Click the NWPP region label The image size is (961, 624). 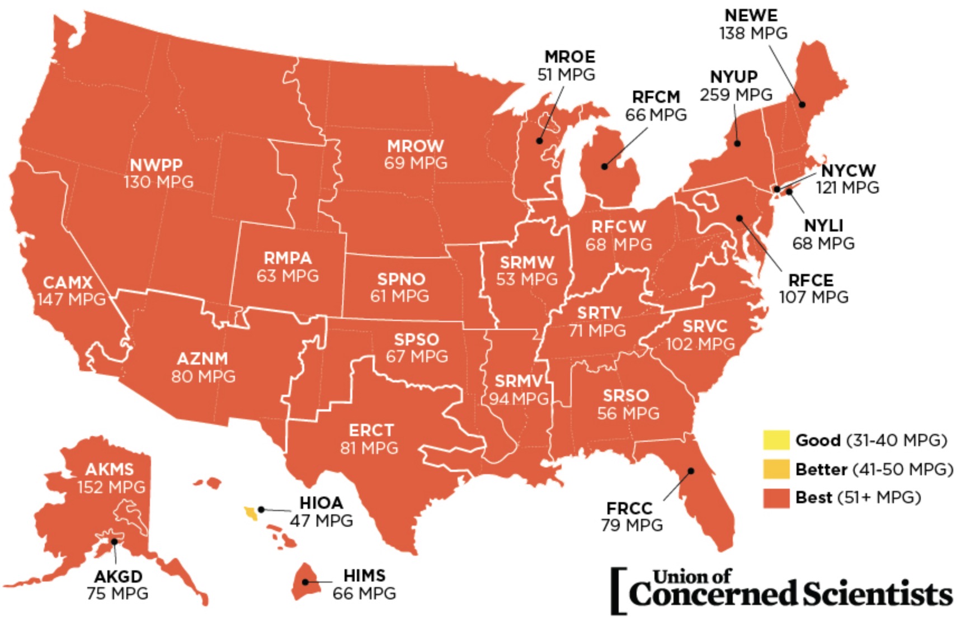pyautogui.click(x=156, y=165)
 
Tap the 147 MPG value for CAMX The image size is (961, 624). pyautogui.click(x=71, y=299)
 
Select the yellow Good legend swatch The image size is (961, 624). pyautogui.click(x=776, y=440)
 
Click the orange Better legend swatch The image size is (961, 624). pyautogui.click(x=776, y=469)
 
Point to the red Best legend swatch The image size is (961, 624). pyautogui.click(x=776, y=497)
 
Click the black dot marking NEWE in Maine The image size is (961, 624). pyautogui.click(x=802, y=105)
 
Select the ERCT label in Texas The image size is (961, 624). pyautogui.click(x=371, y=431)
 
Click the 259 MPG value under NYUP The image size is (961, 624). pyautogui.click(x=736, y=94)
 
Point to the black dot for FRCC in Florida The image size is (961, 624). pyautogui.click(x=691, y=471)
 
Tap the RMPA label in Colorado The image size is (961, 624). pyautogui.click(x=288, y=258)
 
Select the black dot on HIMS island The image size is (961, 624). pyautogui.click(x=305, y=582)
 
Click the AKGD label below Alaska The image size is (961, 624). pyautogui.click(x=118, y=576)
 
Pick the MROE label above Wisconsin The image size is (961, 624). pyautogui.click(x=569, y=57)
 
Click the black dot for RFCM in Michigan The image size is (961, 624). pyautogui.click(x=604, y=167)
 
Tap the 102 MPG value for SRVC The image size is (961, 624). pyautogui.click(x=700, y=344)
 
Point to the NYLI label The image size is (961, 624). pyautogui.click(x=823, y=226)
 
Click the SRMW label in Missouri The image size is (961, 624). pyautogui.click(x=526, y=262)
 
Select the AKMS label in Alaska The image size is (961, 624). pyautogui.click(x=110, y=469)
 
